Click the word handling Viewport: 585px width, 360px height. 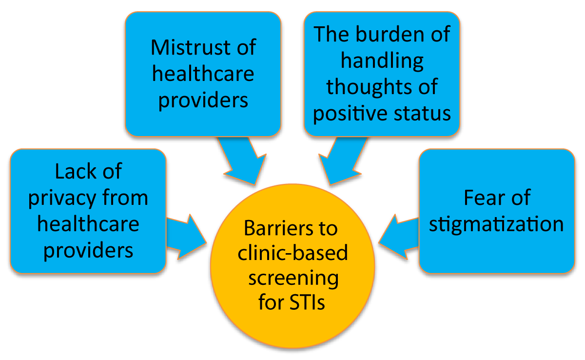point(382,61)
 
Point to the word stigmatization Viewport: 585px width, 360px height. point(497,224)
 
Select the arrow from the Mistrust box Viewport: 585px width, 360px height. point(240,161)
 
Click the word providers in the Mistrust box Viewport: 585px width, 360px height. point(203,100)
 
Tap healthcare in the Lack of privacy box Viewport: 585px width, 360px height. point(88,224)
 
